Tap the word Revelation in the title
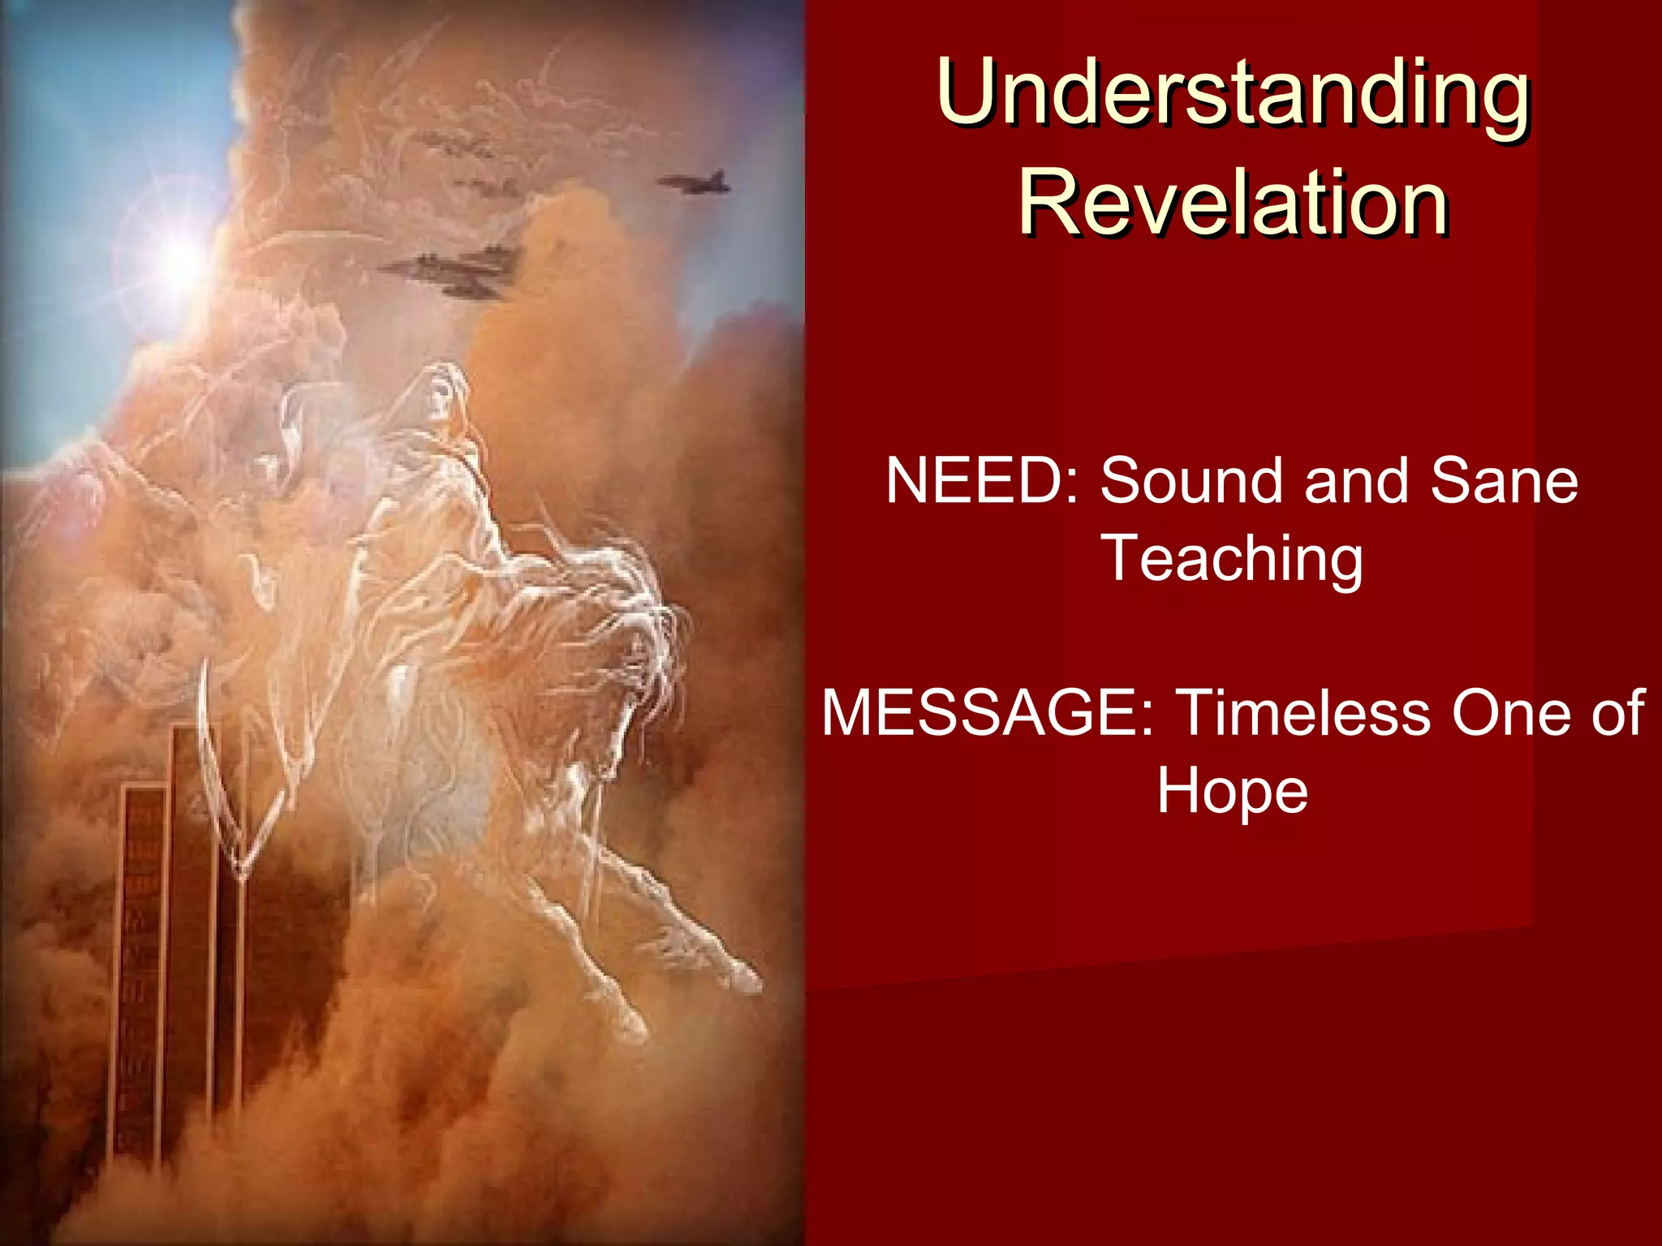pos(1232,203)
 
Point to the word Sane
pos(1503,481)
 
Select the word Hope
pos(1232,791)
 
